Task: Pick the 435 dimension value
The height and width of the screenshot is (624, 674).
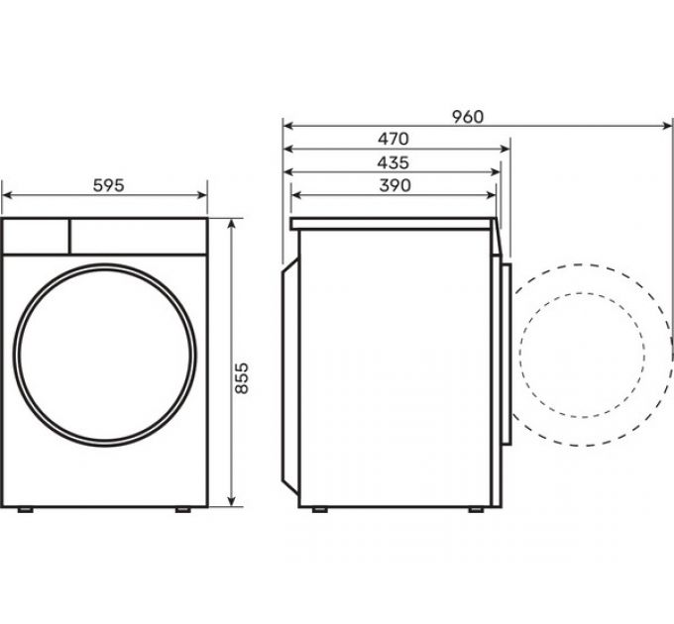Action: click(393, 162)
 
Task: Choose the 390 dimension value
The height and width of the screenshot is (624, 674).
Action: click(393, 185)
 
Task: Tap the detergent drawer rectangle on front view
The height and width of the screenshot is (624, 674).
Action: click(36, 236)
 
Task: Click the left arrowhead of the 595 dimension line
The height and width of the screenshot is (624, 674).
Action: click(6, 195)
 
